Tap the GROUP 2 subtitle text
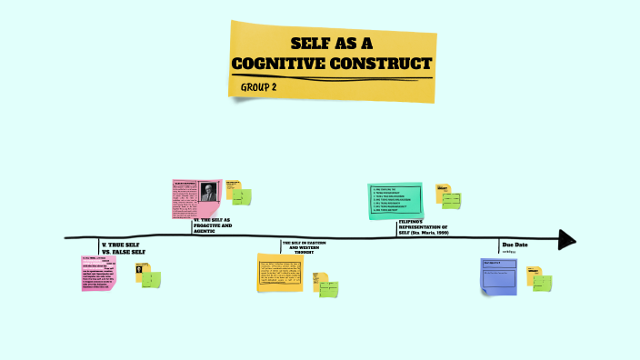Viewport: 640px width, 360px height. (259, 86)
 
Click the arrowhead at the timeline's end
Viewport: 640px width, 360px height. (567, 239)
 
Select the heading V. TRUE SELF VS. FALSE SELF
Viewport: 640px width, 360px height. (124, 248)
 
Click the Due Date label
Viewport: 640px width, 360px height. (515, 245)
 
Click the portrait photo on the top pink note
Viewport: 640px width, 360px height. (209, 193)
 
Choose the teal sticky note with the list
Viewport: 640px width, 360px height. (395, 201)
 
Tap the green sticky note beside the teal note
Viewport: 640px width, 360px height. (451, 200)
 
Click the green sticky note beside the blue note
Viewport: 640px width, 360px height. (542, 283)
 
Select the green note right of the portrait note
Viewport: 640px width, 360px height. (242, 196)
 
